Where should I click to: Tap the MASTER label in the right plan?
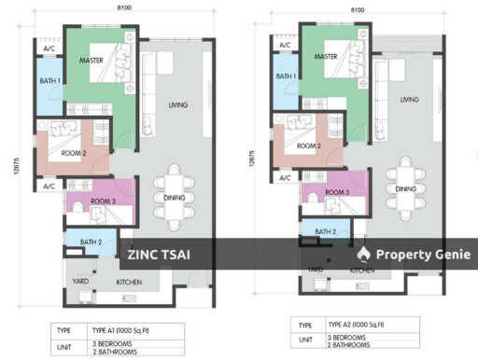[x=326, y=57]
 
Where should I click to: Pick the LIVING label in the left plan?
[x=177, y=105]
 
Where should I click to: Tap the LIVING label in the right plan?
[x=409, y=100]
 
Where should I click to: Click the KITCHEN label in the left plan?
[x=129, y=280]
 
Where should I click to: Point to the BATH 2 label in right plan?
[x=325, y=231]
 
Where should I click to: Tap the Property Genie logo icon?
[x=364, y=254]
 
